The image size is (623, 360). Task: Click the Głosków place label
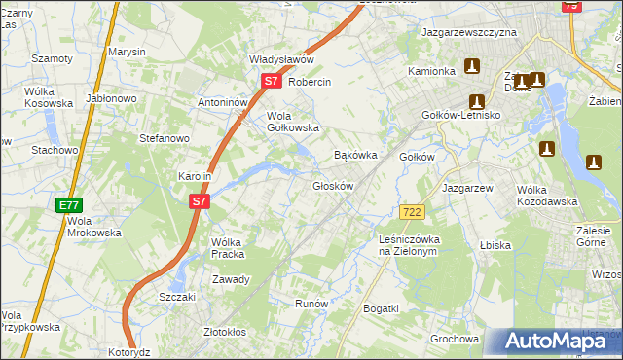tap(331, 185)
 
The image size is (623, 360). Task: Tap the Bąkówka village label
tap(354, 155)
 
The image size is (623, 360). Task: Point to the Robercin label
tap(311, 83)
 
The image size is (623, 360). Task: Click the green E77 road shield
tap(68, 205)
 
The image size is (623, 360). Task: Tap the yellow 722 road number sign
tap(412, 212)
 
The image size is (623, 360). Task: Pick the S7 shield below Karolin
tap(199, 201)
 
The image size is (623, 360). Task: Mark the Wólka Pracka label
tap(226, 248)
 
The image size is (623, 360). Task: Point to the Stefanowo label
tap(164, 138)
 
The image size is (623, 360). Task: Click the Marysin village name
tap(127, 51)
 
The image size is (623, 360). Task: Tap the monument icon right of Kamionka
tap(472, 67)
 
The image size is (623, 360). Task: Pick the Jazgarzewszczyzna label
tap(468, 32)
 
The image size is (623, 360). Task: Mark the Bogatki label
tap(381, 308)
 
